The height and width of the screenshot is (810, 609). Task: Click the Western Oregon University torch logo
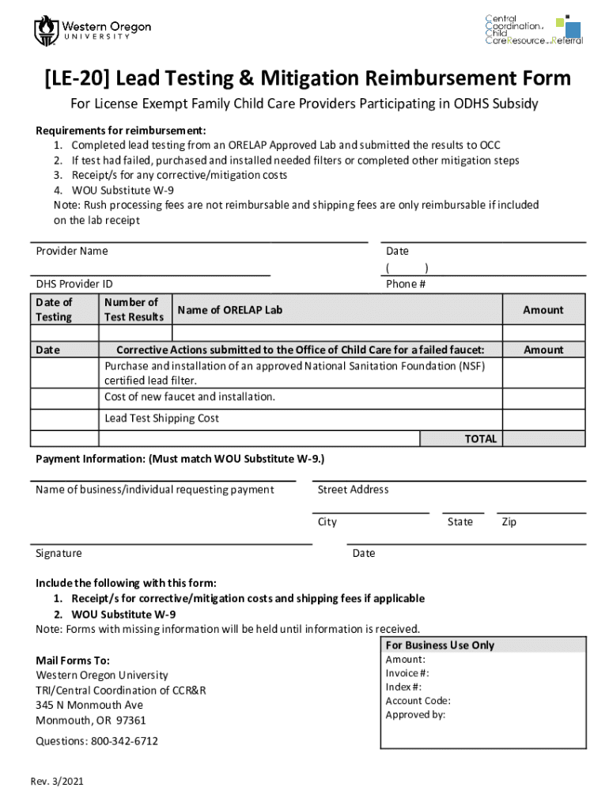(x=45, y=30)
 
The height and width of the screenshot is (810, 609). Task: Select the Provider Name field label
(x=72, y=251)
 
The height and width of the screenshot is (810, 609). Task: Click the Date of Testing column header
(x=54, y=309)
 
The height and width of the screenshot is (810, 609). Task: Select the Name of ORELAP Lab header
(x=229, y=310)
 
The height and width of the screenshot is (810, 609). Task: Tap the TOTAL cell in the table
(x=480, y=438)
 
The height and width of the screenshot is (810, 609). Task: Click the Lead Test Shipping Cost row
(x=162, y=418)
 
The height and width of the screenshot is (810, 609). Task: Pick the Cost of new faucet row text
(x=190, y=396)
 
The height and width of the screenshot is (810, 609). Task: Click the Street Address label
(x=353, y=490)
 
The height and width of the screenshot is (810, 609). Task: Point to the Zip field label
(x=509, y=522)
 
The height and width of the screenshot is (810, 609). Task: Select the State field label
(x=460, y=522)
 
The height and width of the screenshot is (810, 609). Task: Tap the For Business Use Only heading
(x=440, y=645)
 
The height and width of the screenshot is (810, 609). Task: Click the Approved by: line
(x=415, y=714)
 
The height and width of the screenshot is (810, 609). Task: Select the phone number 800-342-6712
(x=123, y=741)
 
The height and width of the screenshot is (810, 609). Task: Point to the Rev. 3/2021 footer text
(x=57, y=782)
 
